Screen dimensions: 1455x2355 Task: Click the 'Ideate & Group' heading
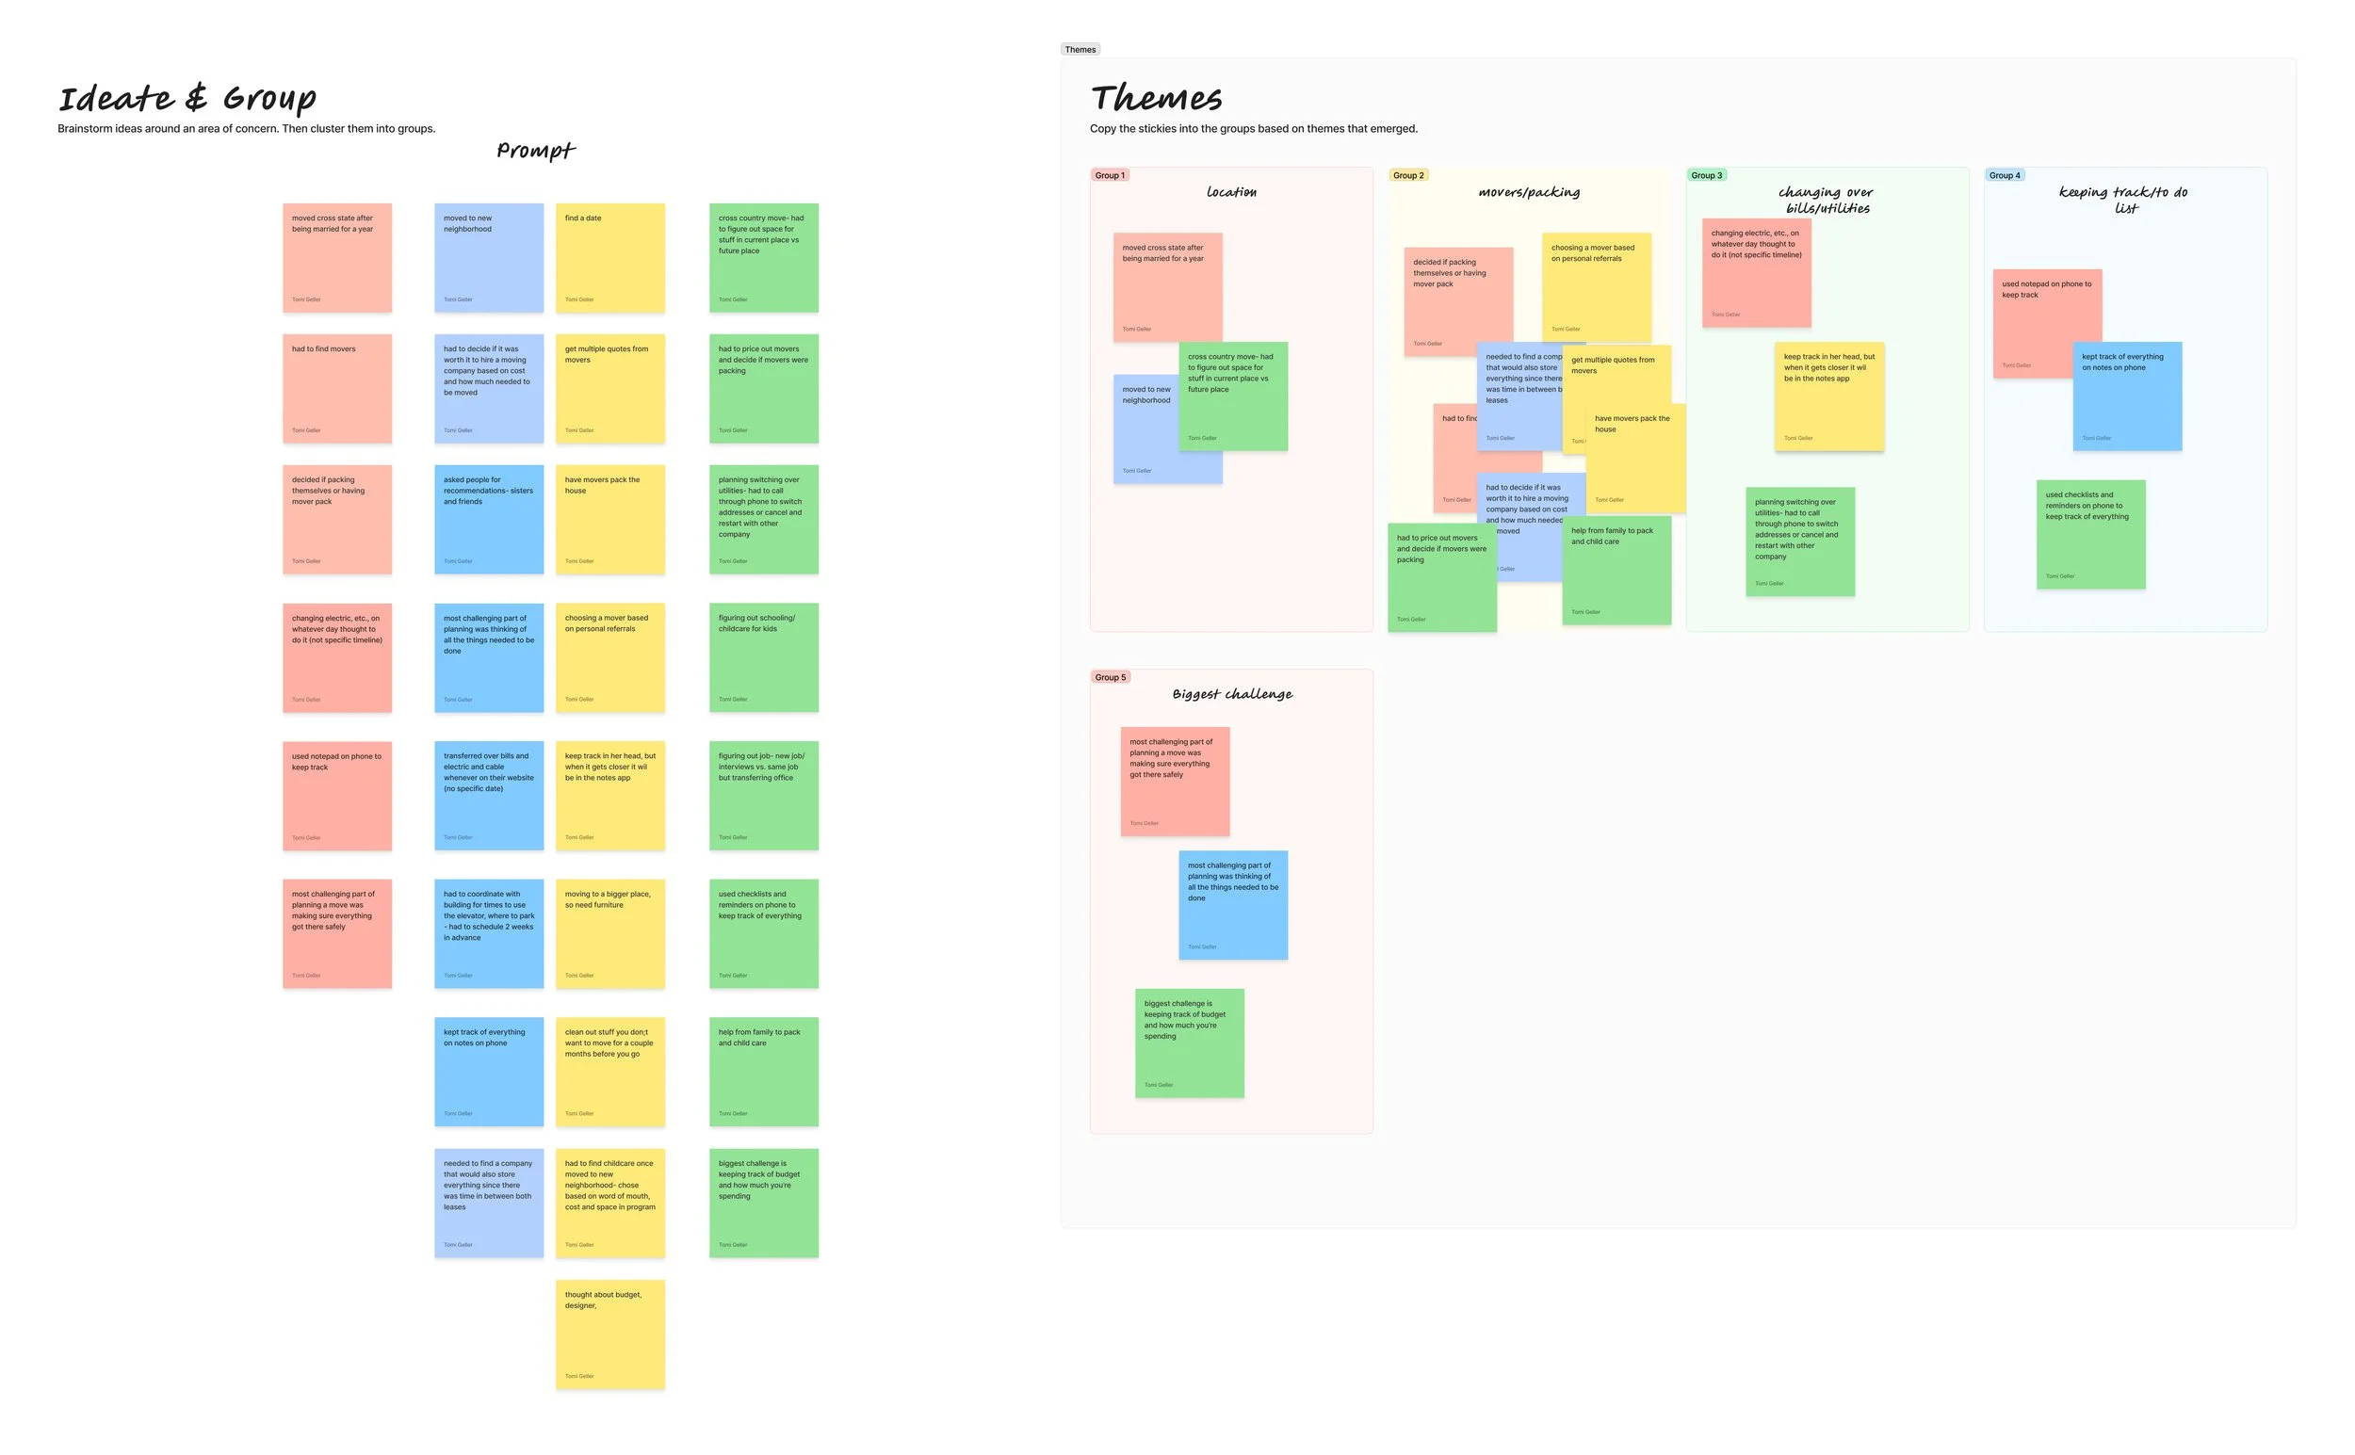pos(187,98)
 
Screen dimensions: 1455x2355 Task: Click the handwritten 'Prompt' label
pos(535,150)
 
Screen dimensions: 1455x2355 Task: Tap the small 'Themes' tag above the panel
pos(1080,49)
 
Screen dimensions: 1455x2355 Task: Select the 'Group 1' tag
pos(1109,175)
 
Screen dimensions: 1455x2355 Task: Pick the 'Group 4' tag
pos(2004,175)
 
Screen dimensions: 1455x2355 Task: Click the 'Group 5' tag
pos(1109,677)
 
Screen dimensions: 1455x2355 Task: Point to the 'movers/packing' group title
pos(1528,192)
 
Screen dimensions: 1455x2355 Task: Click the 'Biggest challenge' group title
pos(1232,694)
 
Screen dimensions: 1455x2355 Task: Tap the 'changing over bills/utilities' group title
pos(1826,201)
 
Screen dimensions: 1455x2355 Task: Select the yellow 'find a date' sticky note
pos(610,258)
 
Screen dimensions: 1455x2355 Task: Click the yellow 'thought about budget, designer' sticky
pos(610,1334)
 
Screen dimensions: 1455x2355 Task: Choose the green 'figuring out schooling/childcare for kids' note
pos(763,657)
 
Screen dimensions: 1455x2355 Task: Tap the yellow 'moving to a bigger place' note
pos(610,933)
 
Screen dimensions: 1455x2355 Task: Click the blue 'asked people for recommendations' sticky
pos(489,520)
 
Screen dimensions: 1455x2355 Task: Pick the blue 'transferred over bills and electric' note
pos(489,796)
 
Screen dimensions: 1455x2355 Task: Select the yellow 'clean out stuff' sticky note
pos(610,1071)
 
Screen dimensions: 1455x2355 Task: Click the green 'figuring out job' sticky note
pos(763,796)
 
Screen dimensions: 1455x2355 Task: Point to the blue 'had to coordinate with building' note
pos(489,933)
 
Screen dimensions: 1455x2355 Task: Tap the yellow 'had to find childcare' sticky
pos(610,1203)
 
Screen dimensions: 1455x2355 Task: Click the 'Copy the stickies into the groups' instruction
pos(1253,129)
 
